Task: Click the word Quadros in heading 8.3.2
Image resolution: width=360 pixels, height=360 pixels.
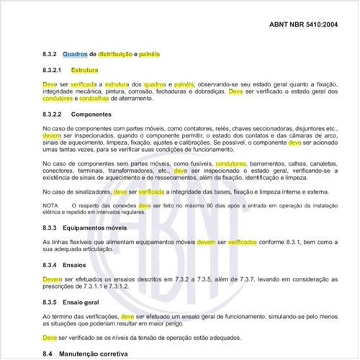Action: [77, 54]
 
